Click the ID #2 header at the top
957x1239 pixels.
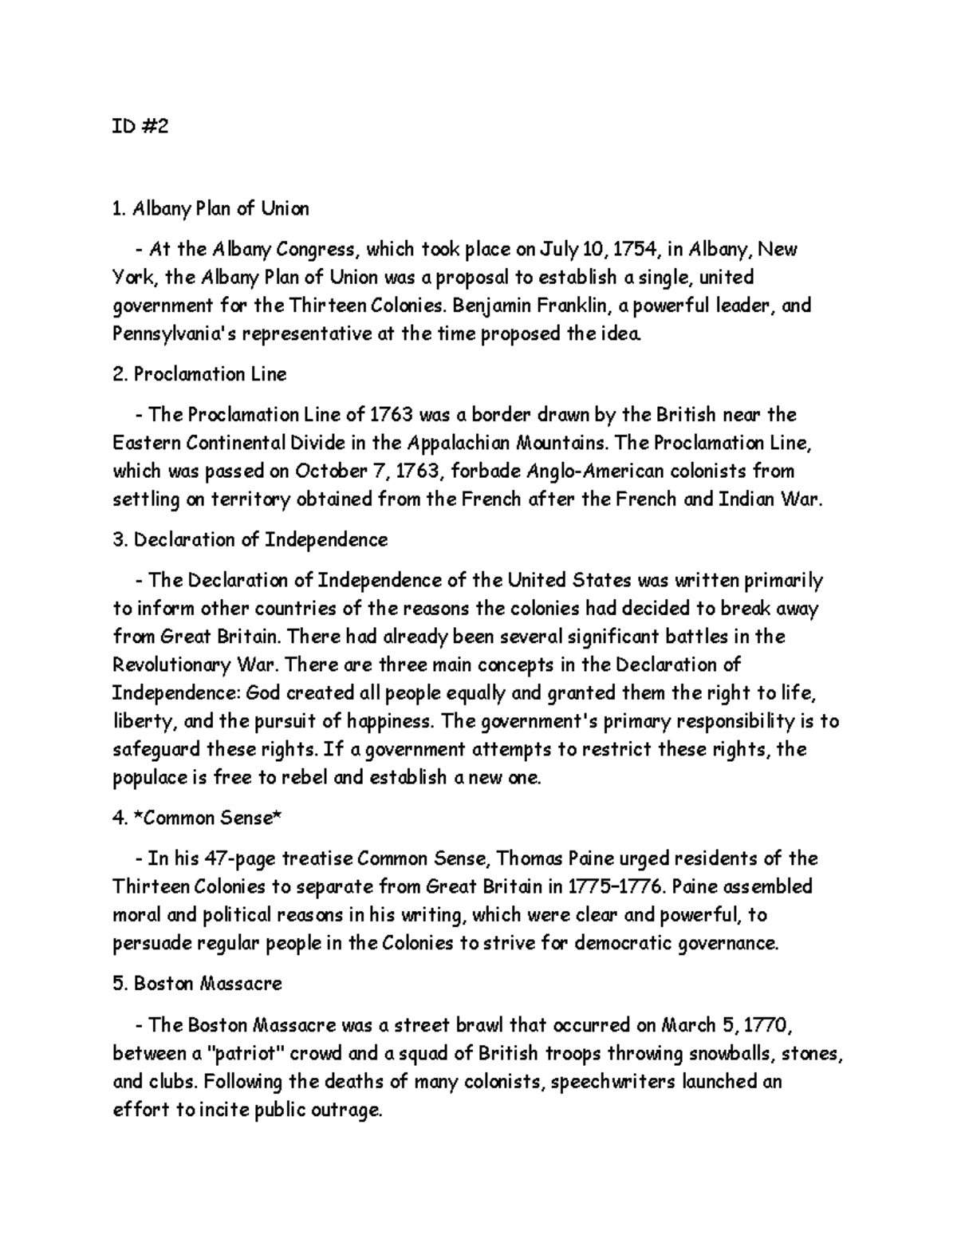tap(140, 127)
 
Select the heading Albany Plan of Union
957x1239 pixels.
tap(211, 209)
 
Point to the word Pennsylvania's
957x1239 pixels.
tap(163, 333)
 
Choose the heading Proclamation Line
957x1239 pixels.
tap(199, 374)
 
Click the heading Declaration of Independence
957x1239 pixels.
tap(250, 539)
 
